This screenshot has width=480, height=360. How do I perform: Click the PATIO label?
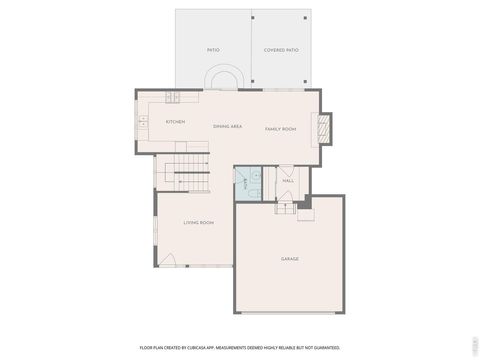coord(213,49)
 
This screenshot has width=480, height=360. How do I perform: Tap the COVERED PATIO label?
coord(281,49)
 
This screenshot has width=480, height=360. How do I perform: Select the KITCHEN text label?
coord(175,122)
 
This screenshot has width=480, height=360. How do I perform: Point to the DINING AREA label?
coord(228,127)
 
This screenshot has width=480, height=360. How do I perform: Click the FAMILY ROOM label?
coord(280,129)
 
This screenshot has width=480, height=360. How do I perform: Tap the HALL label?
coord(288,181)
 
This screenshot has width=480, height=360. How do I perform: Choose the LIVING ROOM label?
coord(198,223)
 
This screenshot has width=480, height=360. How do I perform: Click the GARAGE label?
coord(289,259)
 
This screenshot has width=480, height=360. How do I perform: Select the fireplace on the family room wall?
coord(323,127)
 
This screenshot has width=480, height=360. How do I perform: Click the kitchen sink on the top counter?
coord(171,97)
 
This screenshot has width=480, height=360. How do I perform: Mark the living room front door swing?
coord(171,262)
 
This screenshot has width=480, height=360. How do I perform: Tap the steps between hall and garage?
coord(286,206)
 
